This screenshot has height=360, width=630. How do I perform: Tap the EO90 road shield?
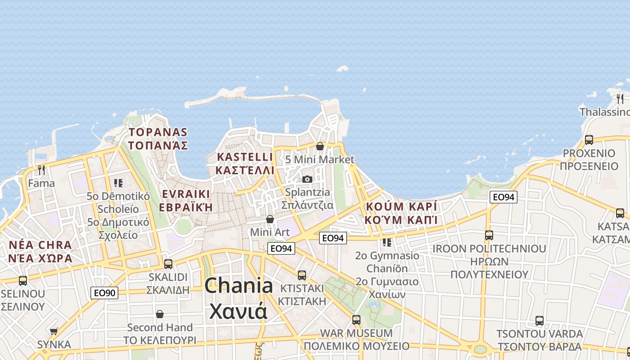click(104, 293)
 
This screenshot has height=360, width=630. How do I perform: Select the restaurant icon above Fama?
click(41, 170)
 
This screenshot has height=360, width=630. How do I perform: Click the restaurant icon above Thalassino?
click(620, 99)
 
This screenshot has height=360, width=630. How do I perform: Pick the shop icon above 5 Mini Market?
click(319, 146)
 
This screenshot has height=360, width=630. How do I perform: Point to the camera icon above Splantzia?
click(307, 179)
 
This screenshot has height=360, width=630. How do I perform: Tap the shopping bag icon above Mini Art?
click(270, 219)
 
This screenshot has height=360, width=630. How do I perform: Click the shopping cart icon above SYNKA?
click(54, 332)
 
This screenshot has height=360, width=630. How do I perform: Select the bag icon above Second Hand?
click(160, 314)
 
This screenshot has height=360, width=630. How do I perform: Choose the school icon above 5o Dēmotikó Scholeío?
click(118, 183)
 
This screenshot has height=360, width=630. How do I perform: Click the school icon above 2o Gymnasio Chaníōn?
click(387, 243)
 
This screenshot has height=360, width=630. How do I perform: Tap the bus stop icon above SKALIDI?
click(168, 264)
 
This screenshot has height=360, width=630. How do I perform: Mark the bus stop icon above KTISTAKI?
click(301, 275)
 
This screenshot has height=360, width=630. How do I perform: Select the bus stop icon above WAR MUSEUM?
click(356, 320)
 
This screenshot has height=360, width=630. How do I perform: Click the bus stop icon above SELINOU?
click(22, 281)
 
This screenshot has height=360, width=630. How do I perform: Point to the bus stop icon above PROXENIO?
click(589, 140)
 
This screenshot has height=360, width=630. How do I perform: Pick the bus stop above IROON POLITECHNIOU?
click(489, 235)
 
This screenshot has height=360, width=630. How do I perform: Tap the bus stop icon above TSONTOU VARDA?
click(539, 321)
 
